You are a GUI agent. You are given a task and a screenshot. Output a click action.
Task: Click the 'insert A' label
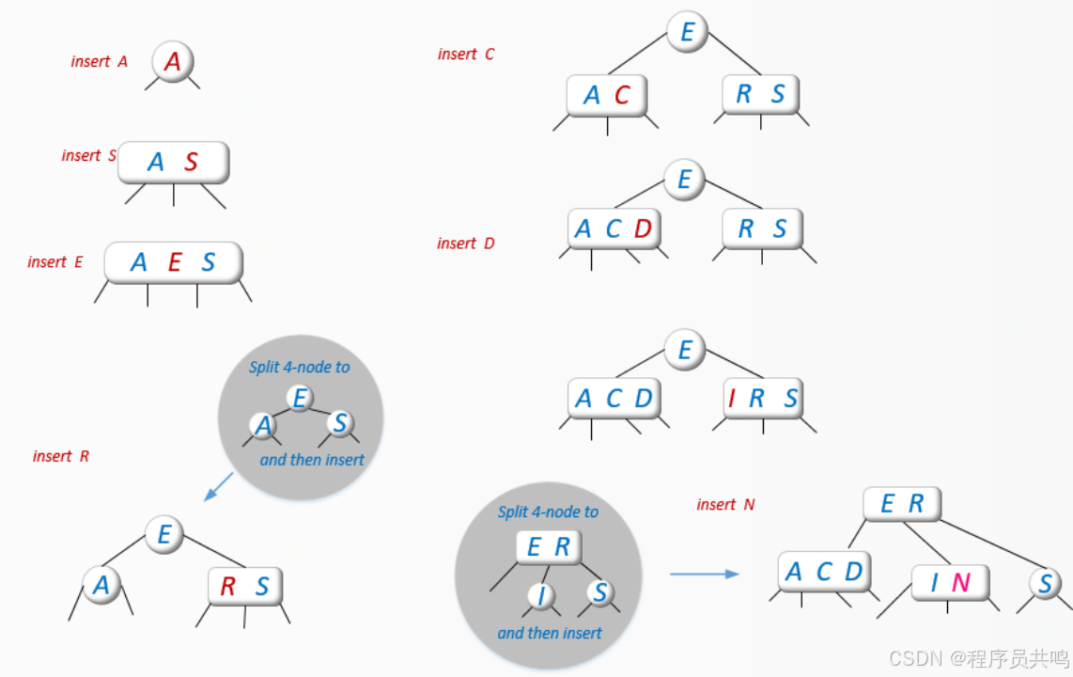coord(99,61)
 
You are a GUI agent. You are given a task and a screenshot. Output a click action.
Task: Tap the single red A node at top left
coord(172,62)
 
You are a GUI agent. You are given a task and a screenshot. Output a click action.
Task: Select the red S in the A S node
coord(191,163)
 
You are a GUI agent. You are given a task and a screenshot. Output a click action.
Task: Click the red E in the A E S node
coord(174,262)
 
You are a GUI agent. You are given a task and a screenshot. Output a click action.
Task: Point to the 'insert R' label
coord(61,456)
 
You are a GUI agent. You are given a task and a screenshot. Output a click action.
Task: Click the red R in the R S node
coord(227,587)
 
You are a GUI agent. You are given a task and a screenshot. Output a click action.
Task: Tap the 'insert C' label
coord(465,55)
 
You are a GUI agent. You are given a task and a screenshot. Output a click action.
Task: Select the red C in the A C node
coord(622,95)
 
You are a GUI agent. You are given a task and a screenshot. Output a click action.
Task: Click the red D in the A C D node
coord(643,229)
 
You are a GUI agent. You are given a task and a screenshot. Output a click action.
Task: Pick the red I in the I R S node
coord(732,399)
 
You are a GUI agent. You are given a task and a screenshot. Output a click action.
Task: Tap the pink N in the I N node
coord(960,583)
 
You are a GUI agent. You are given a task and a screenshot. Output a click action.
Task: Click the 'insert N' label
coord(725,505)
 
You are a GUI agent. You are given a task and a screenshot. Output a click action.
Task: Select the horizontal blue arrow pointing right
coord(704,573)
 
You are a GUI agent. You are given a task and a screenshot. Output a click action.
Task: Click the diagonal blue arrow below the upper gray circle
coord(218,487)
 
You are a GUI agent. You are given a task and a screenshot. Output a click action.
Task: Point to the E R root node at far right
coord(901,505)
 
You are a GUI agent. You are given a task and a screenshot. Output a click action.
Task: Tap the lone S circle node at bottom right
coord(1045,584)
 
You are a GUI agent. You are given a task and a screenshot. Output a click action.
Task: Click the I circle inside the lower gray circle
coord(540,595)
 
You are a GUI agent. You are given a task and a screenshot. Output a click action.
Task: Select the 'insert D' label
coord(465,244)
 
